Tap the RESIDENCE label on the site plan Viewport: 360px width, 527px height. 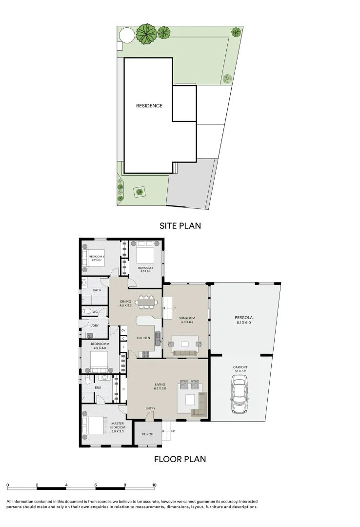[149, 106]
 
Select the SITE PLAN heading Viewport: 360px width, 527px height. [180, 226]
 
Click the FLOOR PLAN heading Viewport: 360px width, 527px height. [180, 459]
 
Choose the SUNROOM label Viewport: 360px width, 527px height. [187, 317]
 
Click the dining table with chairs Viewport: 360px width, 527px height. [147, 303]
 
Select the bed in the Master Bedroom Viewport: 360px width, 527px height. [95, 425]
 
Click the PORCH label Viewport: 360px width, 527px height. [147, 434]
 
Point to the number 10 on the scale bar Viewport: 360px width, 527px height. [154, 485]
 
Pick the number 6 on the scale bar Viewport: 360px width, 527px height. [96, 485]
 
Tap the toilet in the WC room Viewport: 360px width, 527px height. [86, 311]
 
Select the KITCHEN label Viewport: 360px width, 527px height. [143, 338]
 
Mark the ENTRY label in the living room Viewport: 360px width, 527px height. [150, 408]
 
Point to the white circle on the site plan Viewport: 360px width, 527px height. [125, 35]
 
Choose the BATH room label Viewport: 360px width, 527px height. [97, 290]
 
